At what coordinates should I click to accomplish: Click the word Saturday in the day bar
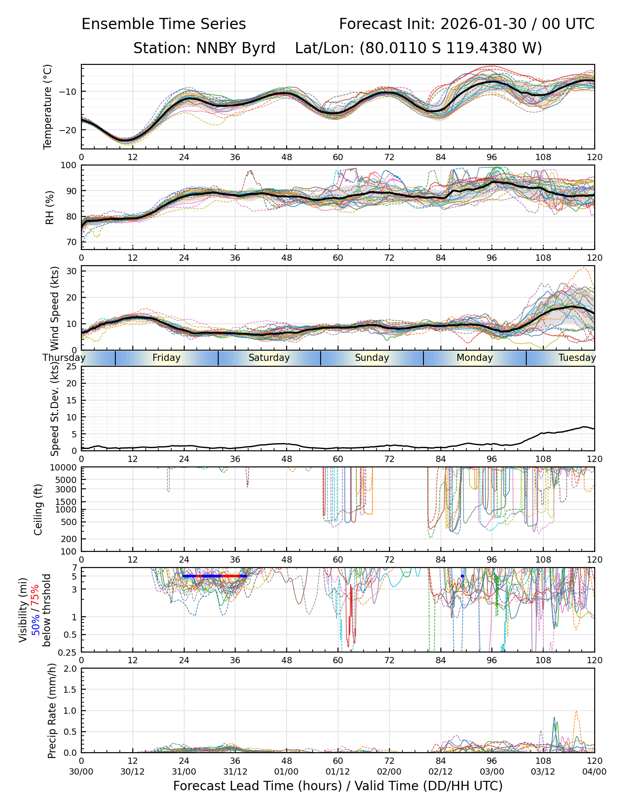pyautogui.click(x=269, y=358)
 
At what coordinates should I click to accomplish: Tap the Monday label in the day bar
pyautogui.click(x=474, y=358)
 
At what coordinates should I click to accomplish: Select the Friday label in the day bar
pyautogui.click(x=166, y=358)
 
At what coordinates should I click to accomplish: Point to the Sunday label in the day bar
pyautogui.click(x=372, y=358)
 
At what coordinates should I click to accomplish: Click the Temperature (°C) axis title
pyautogui.click(x=48, y=106)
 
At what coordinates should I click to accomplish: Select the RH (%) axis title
pyautogui.click(x=50, y=208)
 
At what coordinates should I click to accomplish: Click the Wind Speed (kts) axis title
pyautogui.click(x=55, y=308)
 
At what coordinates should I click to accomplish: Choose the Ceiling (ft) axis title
pyautogui.click(x=38, y=509)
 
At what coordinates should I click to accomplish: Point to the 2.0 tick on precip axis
pyautogui.click(x=69, y=669)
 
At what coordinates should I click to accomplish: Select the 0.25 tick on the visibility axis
pyautogui.click(x=67, y=652)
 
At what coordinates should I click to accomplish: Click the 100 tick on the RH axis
pyautogui.click(x=69, y=165)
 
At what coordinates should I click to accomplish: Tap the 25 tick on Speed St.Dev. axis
pyautogui.click(x=72, y=367)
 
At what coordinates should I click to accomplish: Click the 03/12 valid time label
pyautogui.click(x=543, y=771)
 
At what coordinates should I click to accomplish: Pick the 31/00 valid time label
pyautogui.click(x=184, y=771)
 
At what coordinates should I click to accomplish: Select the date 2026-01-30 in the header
pyautogui.click(x=483, y=24)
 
